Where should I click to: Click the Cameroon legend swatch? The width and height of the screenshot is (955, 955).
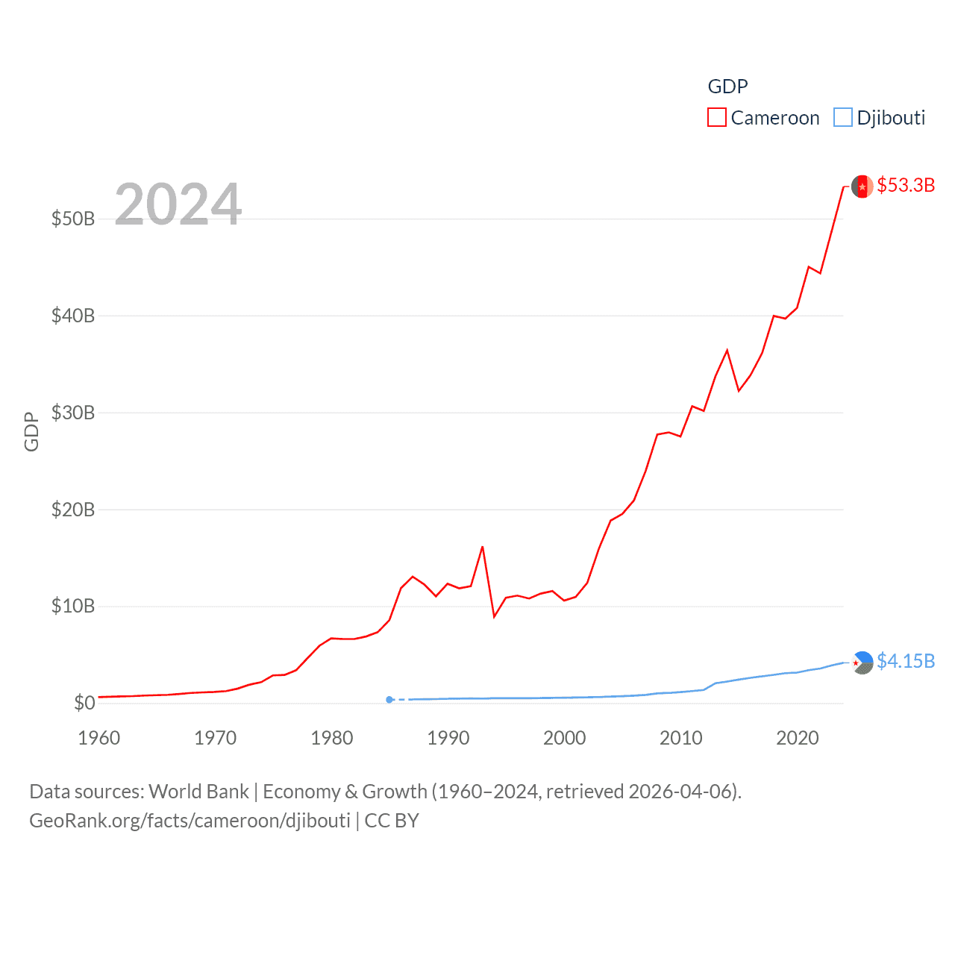716,118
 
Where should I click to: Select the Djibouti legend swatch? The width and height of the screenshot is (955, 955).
843,118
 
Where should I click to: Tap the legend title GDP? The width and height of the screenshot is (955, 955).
727,87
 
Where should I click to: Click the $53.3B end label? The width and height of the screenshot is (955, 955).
906,185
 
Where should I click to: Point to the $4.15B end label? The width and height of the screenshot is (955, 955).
906,661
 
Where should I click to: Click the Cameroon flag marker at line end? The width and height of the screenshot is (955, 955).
862,187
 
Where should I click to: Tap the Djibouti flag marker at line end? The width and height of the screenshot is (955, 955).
862,663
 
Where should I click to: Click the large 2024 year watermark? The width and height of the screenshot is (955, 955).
178,204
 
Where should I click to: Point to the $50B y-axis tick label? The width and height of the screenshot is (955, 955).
73,219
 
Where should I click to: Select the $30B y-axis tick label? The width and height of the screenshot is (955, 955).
73,413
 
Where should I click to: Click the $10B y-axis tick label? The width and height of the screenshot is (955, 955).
73,606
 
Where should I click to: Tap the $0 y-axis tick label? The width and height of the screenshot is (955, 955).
84,703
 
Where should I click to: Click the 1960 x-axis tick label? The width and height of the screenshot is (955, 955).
99,738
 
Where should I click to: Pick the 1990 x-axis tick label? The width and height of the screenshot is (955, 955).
448,738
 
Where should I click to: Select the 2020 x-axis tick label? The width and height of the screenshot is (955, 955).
798,738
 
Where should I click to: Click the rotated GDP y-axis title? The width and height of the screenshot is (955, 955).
31,431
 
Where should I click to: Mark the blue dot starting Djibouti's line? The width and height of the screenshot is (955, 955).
389,700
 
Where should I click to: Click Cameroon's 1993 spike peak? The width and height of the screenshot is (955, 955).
483,547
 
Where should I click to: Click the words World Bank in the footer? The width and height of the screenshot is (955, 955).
199,792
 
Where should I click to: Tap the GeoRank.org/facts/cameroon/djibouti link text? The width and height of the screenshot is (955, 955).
190,821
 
